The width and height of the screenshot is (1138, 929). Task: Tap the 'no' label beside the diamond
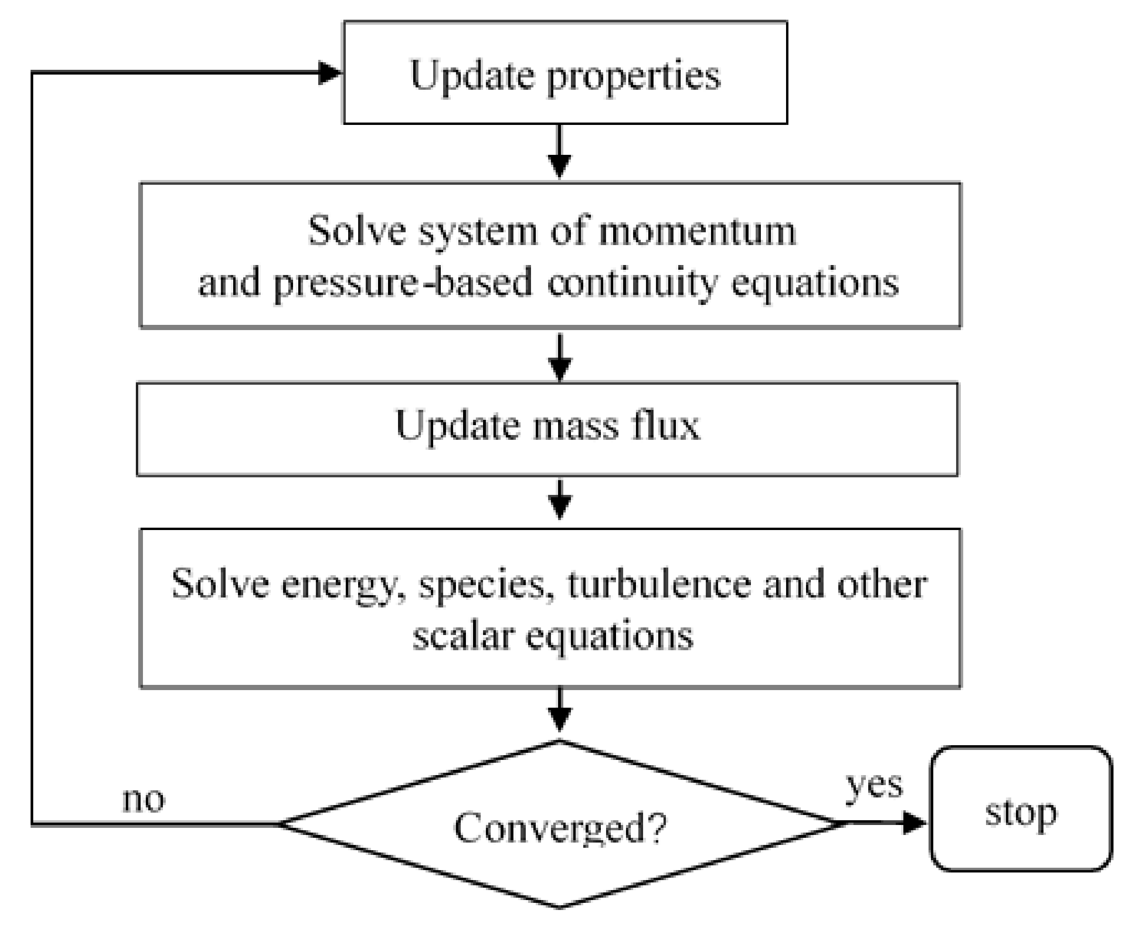tap(143, 800)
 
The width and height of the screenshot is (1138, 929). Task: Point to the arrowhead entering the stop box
tap(914, 823)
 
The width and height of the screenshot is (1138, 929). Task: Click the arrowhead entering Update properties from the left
tap(329, 73)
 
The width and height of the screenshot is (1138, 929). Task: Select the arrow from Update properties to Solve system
tap(560, 152)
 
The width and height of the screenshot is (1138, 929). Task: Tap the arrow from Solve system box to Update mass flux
tap(560, 356)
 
